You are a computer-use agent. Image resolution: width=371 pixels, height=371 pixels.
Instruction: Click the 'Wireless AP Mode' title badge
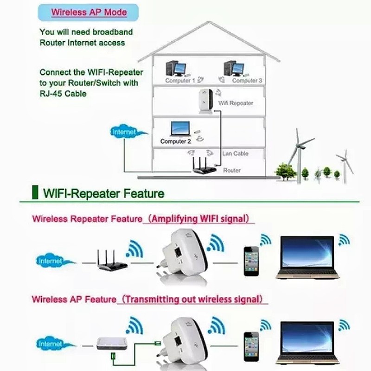pos(88,13)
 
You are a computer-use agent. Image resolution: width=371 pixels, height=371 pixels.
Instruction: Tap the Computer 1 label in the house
pos(180,80)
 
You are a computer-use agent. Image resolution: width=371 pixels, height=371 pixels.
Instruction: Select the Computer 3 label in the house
pos(247,80)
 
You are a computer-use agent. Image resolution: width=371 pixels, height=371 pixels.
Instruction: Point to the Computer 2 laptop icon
pos(180,129)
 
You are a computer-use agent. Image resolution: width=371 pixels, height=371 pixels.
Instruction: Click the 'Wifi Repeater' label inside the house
pos(236,103)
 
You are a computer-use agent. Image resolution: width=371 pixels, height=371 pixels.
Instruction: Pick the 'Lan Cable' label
pos(235,154)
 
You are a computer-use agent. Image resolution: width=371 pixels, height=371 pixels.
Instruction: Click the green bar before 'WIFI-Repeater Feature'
pos(35,192)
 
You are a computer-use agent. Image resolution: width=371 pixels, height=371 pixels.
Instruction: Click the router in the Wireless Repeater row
pos(112,260)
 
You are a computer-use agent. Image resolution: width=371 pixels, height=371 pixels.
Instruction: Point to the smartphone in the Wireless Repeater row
pos(251,261)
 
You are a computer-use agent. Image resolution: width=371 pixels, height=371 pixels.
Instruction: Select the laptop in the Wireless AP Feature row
pos(307,343)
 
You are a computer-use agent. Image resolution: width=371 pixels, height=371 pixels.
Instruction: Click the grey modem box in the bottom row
pos(112,344)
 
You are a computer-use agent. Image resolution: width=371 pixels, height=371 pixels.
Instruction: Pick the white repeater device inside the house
pos(205,102)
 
